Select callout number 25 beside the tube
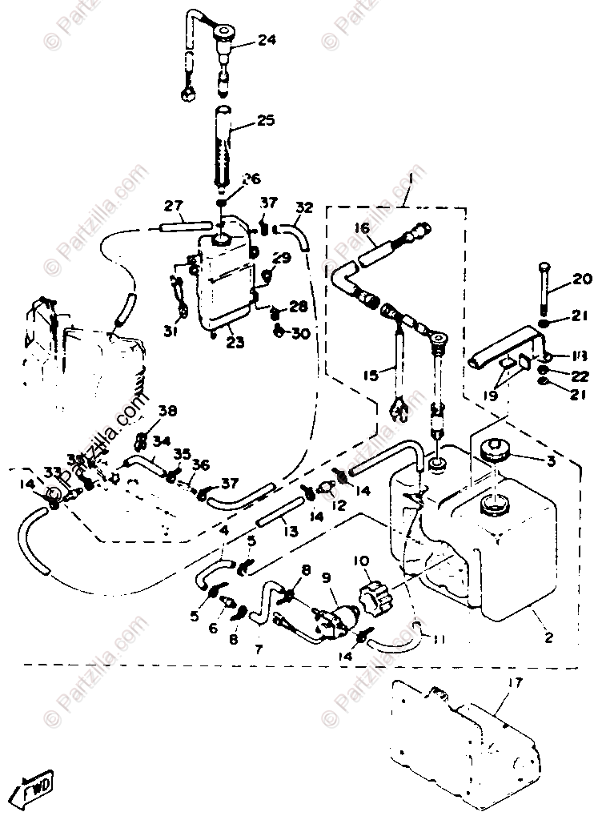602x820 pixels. click(x=266, y=121)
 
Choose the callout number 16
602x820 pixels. click(x=361, y=229)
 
